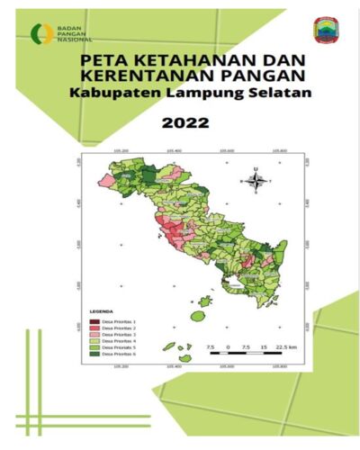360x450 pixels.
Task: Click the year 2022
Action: (x=181, y=121)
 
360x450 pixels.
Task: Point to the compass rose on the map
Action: (x=256, y=180)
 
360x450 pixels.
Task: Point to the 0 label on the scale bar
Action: (x=229, y=346)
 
